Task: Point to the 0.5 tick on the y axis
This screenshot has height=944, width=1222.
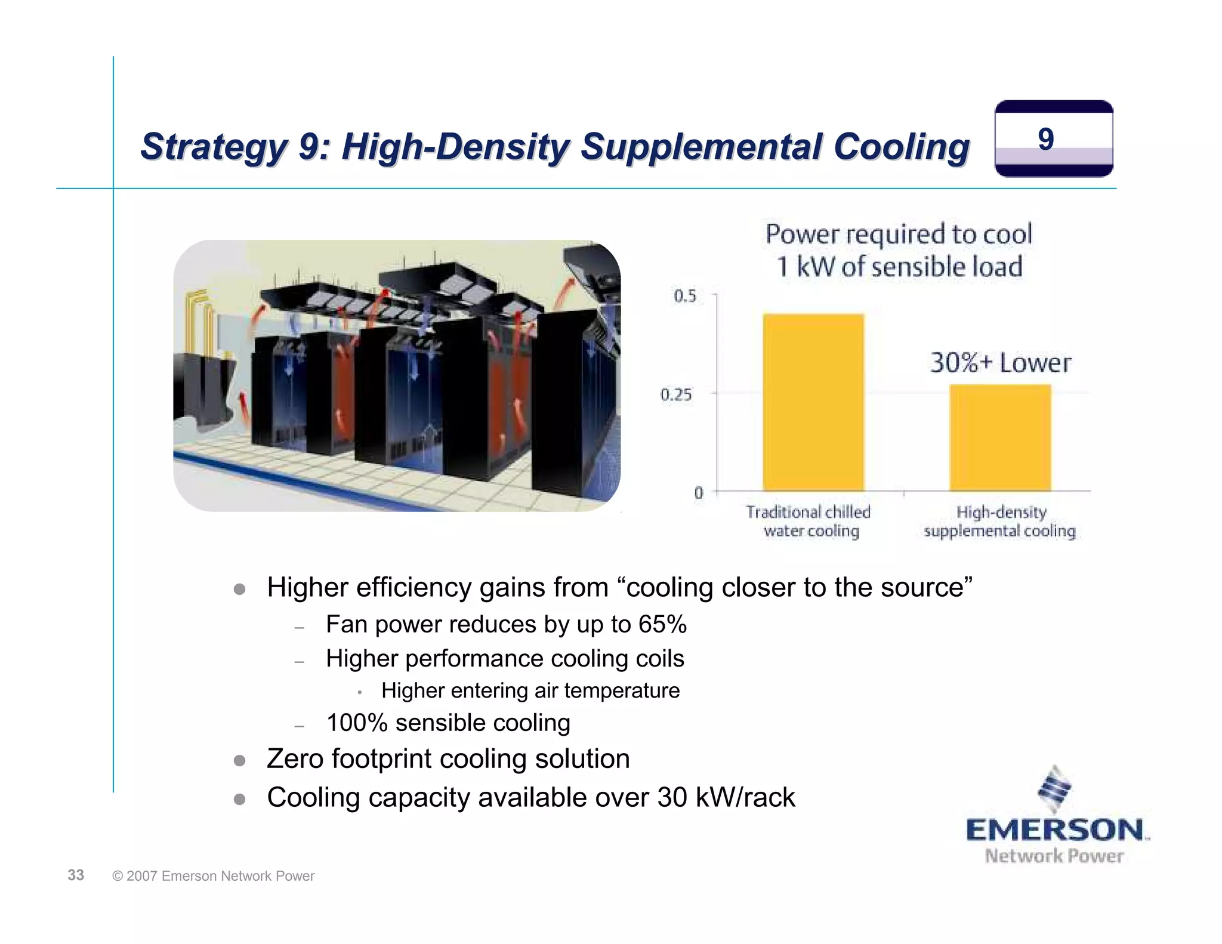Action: [685, 296]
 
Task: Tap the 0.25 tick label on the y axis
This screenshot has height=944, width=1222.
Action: [677, 394]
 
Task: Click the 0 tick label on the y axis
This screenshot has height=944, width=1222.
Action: [699, 493]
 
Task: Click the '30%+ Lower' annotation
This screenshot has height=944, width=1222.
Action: [1000, 363]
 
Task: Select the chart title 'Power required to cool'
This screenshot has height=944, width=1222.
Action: [899, 234]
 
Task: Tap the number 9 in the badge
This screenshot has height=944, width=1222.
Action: [1046, 139]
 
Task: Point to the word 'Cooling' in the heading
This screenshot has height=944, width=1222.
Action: [901, 146]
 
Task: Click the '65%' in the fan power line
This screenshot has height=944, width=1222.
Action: [662, 624]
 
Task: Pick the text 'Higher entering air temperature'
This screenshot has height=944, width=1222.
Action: [530, 690]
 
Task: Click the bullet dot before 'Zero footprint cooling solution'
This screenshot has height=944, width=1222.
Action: [240, 760]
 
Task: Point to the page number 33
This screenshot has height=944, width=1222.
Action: [76, 875]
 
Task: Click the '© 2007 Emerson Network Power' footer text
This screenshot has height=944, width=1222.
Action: [213, 876]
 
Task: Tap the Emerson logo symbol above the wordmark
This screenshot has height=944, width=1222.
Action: [1055, 788]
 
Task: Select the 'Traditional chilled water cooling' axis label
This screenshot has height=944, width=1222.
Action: [809, 522]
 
